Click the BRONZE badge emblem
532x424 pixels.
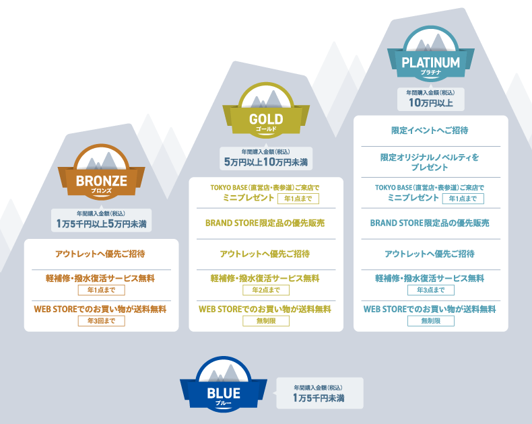101,171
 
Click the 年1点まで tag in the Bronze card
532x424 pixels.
101,290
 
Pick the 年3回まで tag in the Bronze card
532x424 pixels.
101,321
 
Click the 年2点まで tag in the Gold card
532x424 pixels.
266,290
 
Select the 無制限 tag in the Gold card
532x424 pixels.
266,321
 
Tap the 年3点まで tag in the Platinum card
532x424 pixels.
430,290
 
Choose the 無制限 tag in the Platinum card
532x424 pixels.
430,321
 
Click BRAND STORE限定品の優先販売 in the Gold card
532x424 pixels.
265,223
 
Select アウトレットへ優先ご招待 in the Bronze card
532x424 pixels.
100,254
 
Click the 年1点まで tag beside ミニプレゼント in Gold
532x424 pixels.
298,199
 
